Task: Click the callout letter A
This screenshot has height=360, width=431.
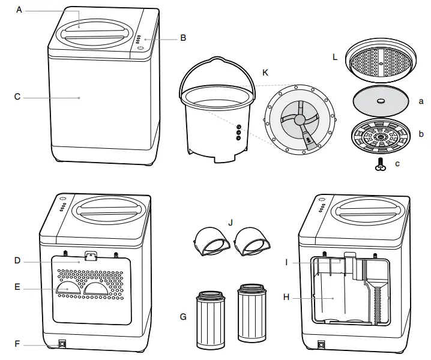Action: coord(20,10)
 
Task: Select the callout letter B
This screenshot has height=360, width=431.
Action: coord(183,38)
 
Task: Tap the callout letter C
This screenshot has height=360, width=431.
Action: coord(17,96)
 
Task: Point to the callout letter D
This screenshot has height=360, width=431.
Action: coord(17,260)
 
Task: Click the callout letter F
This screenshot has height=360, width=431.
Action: coord(17,344)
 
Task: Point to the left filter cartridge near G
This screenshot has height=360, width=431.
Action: coord(211,320)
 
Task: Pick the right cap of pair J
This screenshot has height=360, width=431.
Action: coord(251,242)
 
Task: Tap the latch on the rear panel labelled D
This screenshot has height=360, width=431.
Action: coord(90,256)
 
